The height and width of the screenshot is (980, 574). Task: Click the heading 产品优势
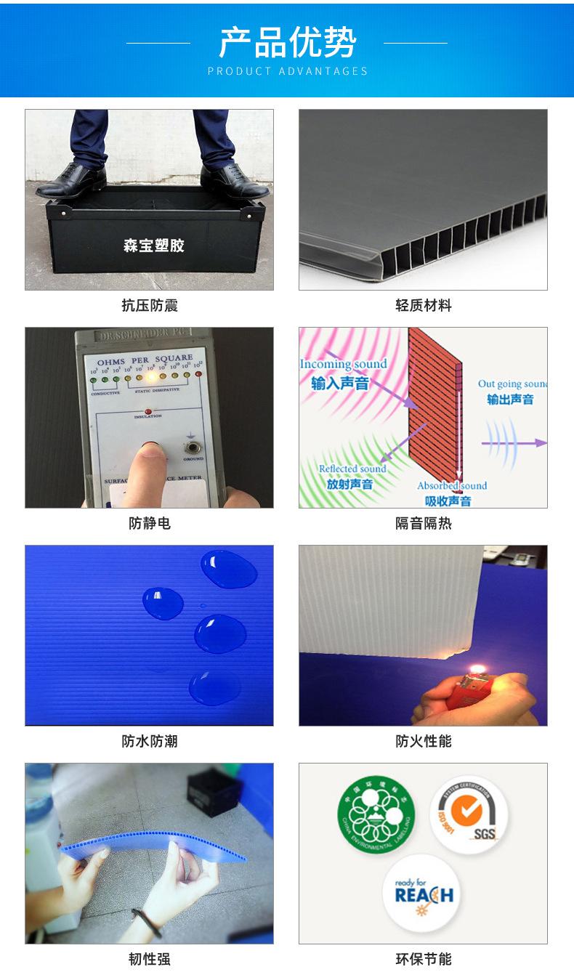tap(287, 42)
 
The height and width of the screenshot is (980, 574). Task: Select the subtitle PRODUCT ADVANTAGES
tap(287, 71)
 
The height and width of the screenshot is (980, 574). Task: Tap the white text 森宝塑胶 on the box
tap(153, 246)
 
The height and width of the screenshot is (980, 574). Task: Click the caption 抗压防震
tap(149, 306)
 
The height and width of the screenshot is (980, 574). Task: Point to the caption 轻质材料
tap(423, 306)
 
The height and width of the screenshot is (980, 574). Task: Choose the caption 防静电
tap(149, 523)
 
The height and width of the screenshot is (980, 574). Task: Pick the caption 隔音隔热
tap(423, 523)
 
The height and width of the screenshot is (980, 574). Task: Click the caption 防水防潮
tap(149, 741)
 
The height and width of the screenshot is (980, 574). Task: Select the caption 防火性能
tap(423, 741)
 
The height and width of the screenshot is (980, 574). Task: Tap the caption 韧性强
tap(149, 959)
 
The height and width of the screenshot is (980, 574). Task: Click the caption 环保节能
tap(423, 959)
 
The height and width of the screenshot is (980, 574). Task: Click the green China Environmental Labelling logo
tap(376, 811)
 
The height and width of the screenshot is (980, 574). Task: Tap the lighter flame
tap(477, 668)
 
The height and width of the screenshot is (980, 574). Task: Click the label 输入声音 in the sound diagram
tap(340, 383)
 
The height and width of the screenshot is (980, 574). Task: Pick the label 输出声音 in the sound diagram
tap(510, 399)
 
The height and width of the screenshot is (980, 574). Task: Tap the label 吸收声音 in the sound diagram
tap(448, 501)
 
